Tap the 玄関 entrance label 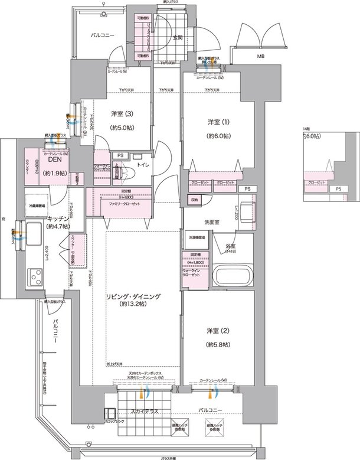[177, 38]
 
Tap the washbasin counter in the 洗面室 [246, 208]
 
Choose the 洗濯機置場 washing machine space [197, 237]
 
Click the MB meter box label [260, 57]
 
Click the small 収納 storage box [195, 200]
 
